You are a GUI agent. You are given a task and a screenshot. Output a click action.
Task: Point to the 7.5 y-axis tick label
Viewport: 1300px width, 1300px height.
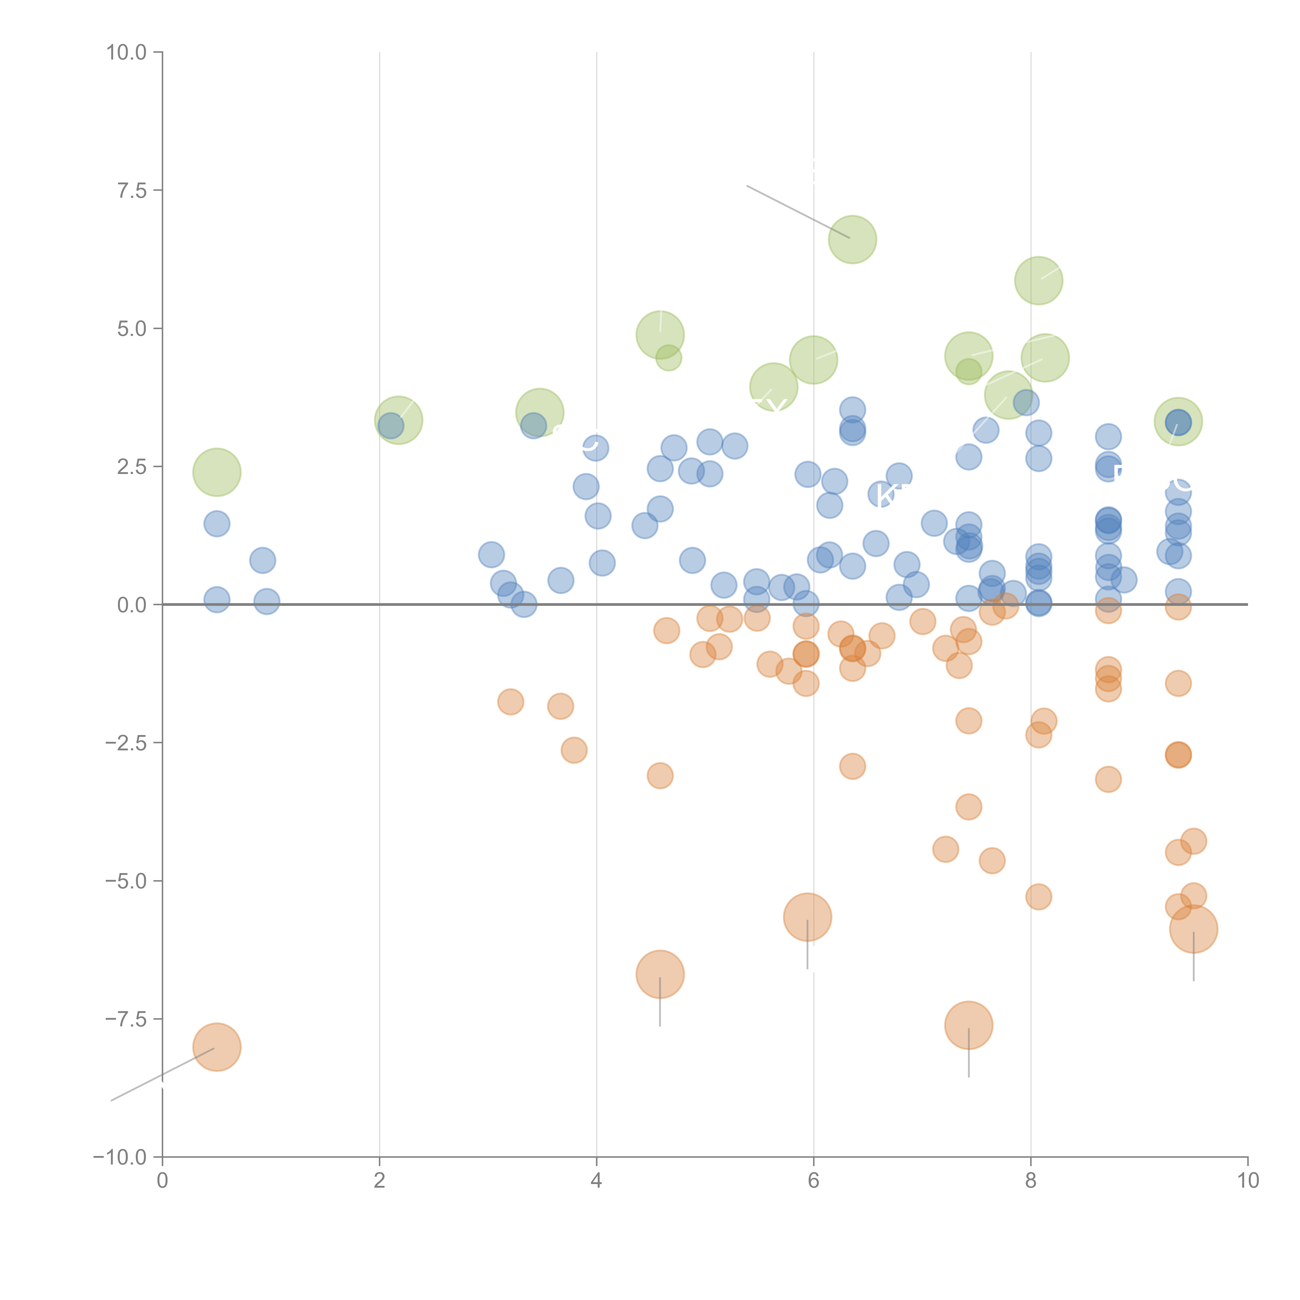(x=132, y=190)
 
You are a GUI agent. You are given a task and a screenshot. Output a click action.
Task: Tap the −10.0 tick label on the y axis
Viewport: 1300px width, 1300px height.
(x=120, y=1157)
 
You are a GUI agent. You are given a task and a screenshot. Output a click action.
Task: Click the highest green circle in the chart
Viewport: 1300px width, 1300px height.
(x=852, y=239)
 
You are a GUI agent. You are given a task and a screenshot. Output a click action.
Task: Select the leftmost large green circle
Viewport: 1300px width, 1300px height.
(x=217, y=472)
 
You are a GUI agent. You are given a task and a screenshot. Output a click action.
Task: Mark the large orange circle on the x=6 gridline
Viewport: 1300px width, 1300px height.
(x=808, y=917)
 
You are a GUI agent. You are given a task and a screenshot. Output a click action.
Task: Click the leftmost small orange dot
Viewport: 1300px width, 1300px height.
(x=511, y=702)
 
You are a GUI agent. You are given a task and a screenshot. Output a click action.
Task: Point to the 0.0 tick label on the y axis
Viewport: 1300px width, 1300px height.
(x=132, y=605)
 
